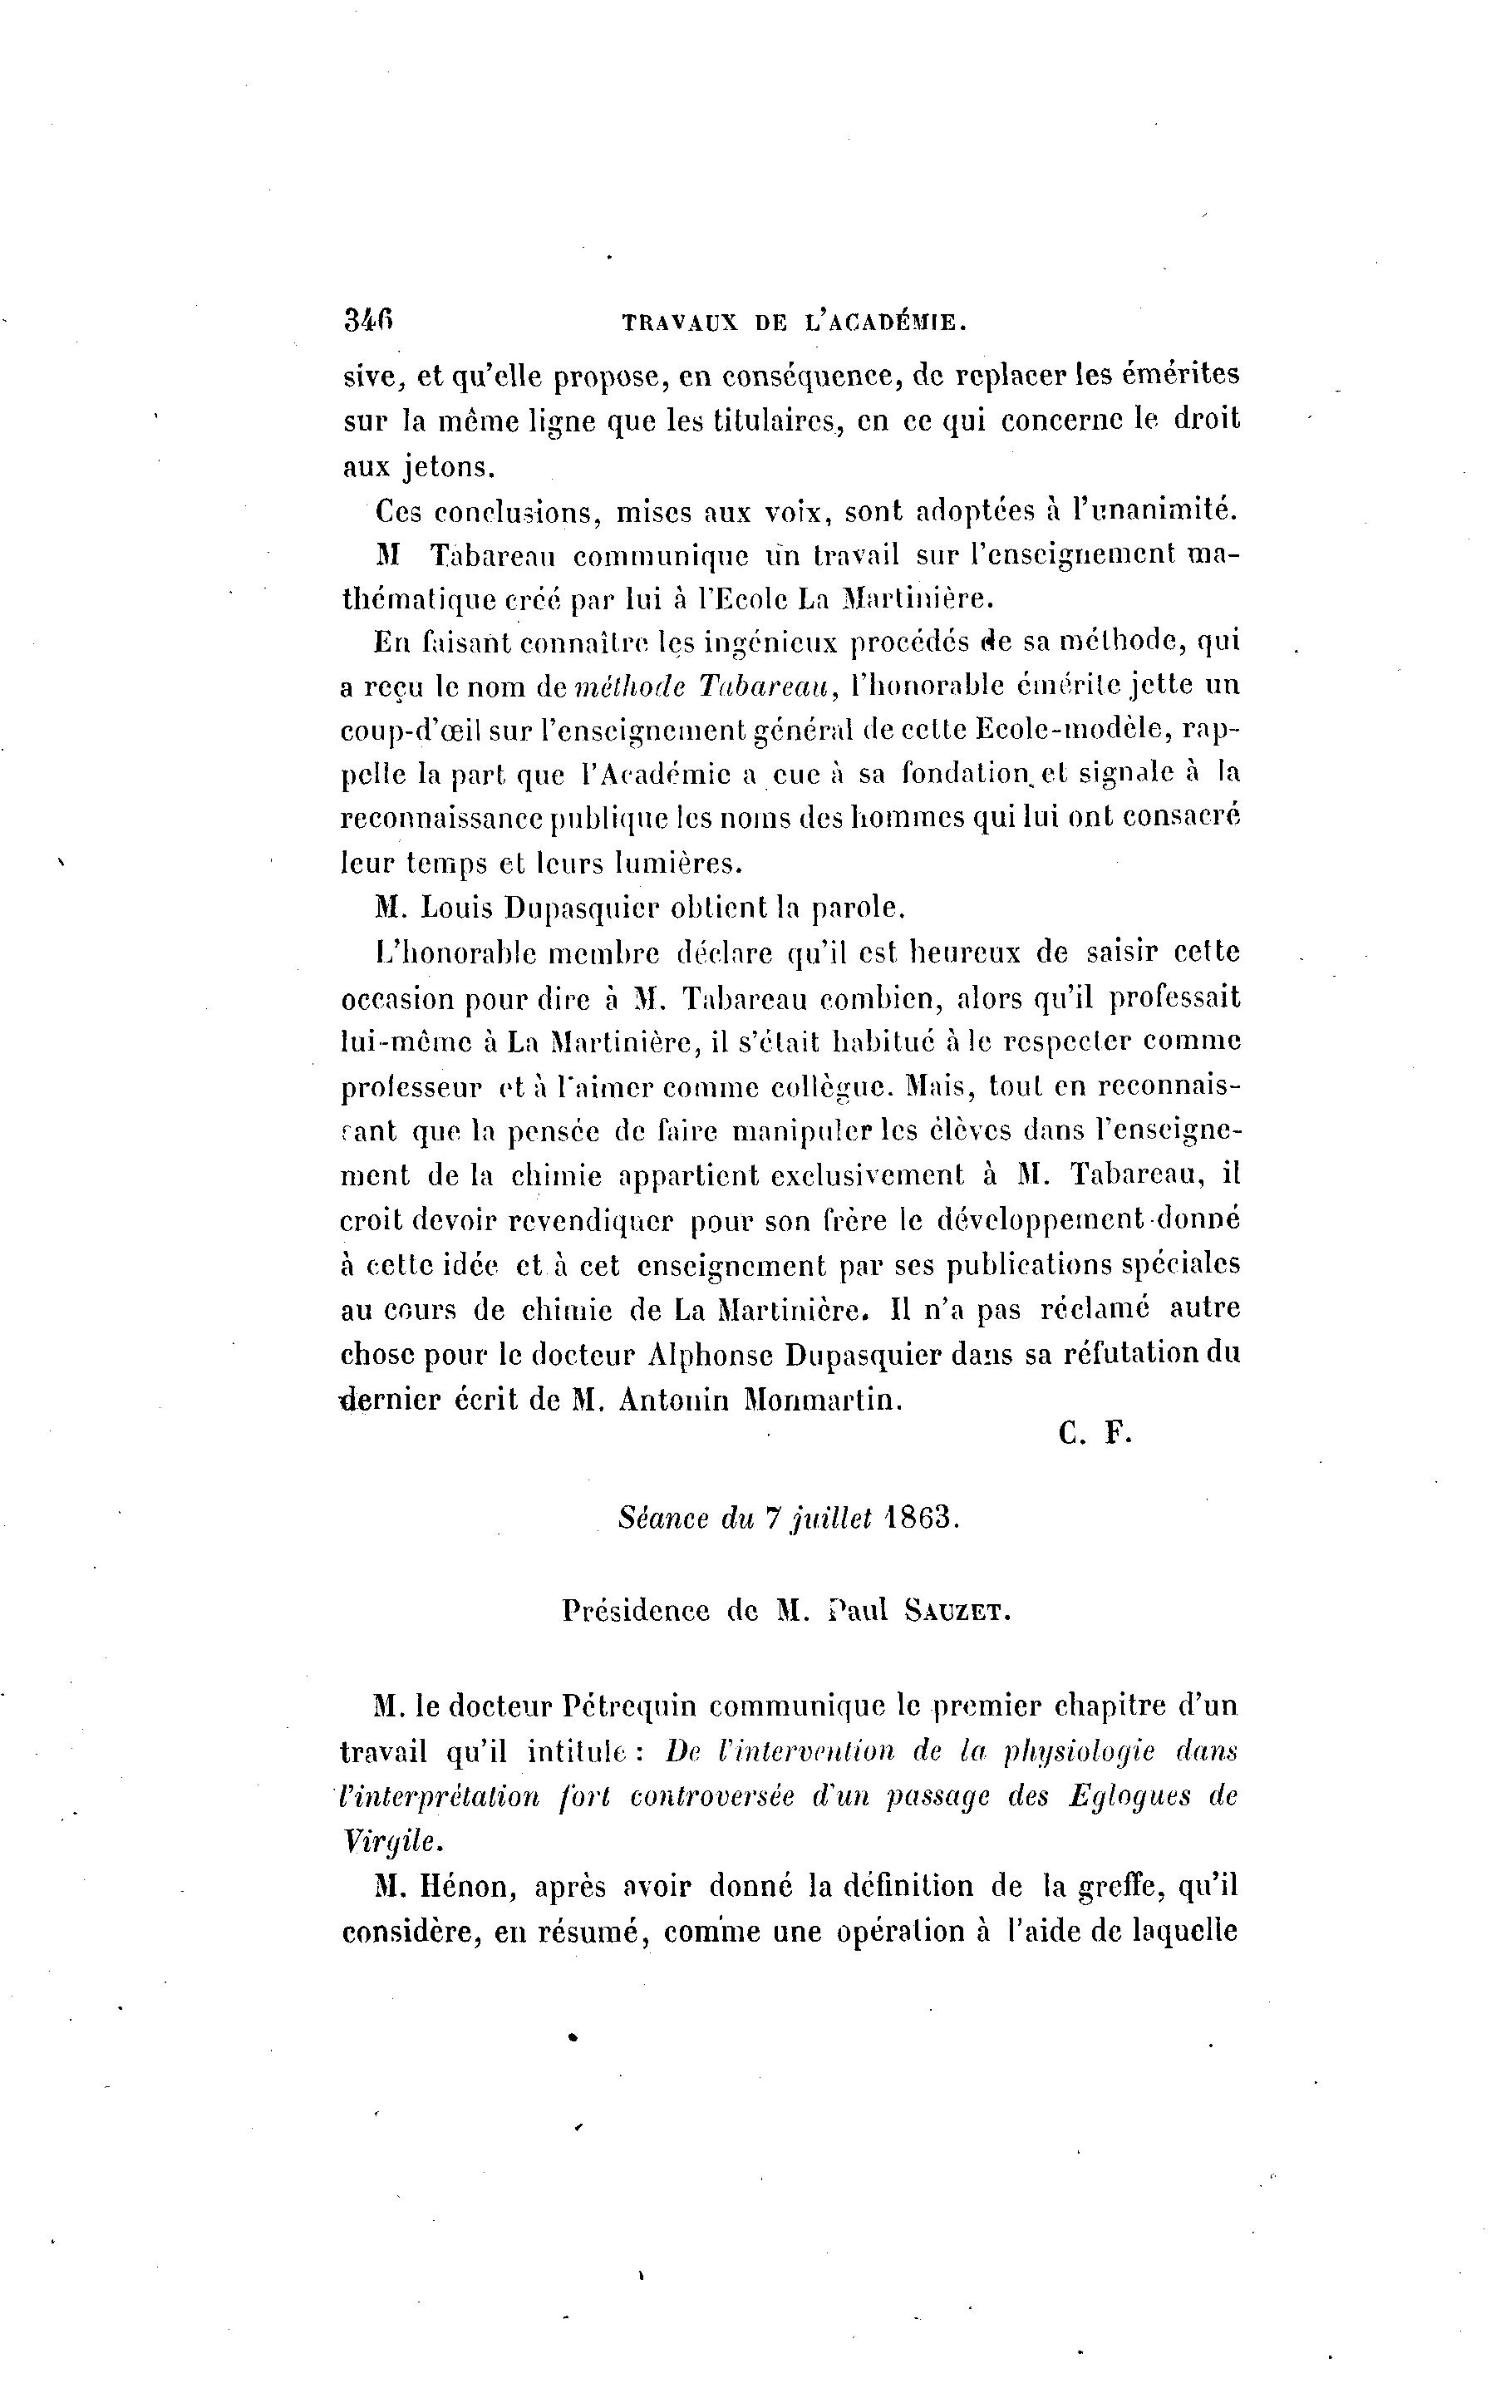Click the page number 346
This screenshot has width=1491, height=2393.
(369, 321)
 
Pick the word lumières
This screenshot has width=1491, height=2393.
(677, 863)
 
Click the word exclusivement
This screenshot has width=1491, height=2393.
(867, 1175)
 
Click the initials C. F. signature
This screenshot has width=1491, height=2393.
(1095, 1434)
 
